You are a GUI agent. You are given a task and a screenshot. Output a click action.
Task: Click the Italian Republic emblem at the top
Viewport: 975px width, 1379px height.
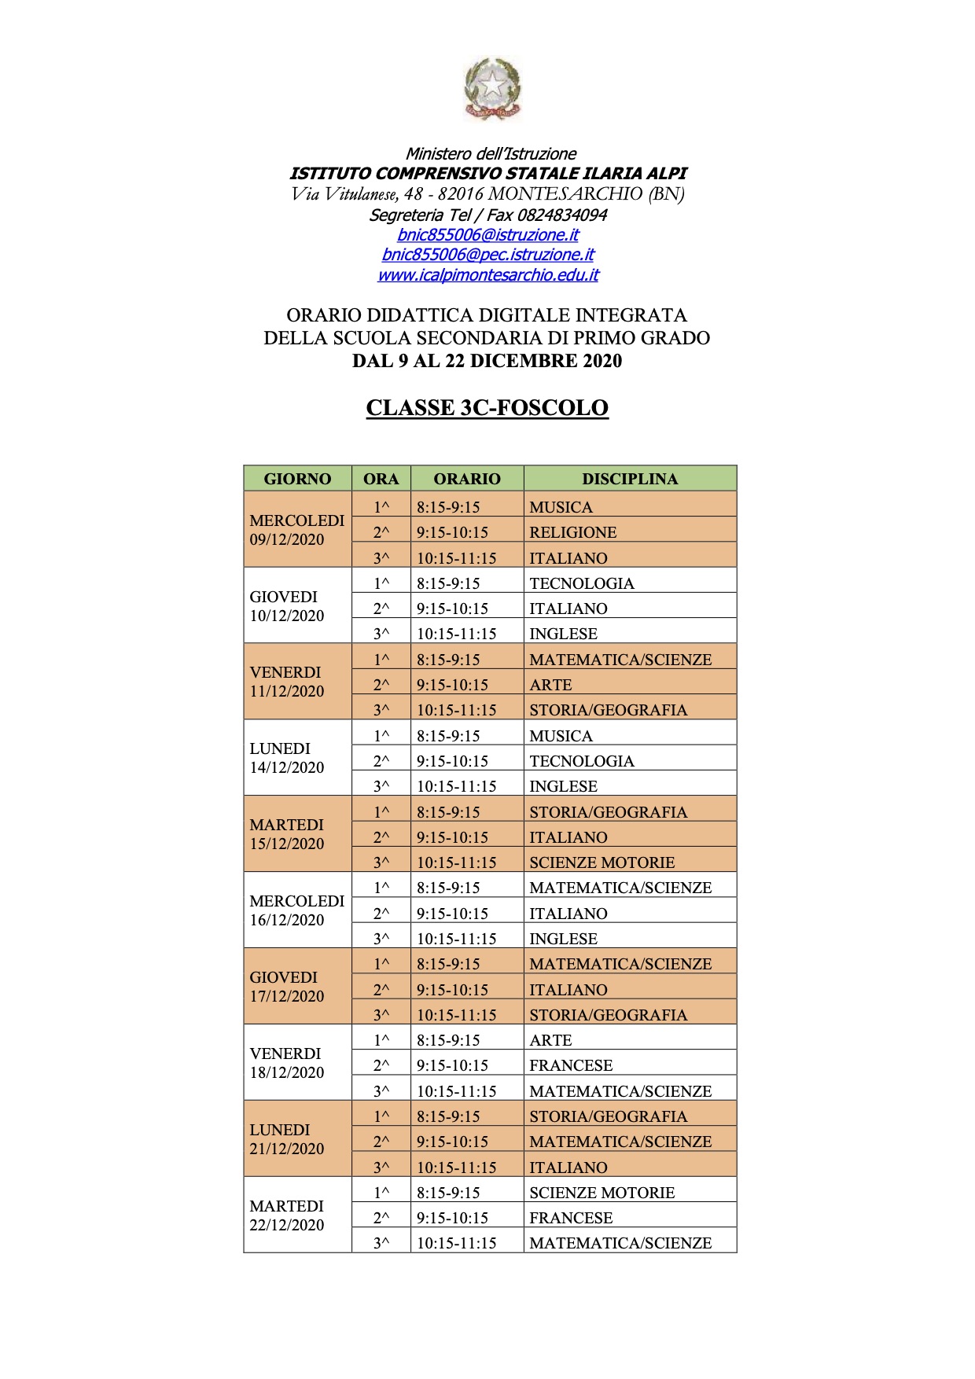coord(492,88)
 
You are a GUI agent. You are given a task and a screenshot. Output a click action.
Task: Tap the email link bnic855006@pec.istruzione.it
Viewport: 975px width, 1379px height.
coord(487,255)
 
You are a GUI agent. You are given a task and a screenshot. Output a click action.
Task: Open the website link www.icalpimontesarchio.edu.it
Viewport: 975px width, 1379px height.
coord(487,275)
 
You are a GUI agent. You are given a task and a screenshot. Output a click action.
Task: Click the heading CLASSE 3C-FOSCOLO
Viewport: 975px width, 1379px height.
coord(487,408)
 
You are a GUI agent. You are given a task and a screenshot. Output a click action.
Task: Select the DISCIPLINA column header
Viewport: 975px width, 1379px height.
coord(629,479)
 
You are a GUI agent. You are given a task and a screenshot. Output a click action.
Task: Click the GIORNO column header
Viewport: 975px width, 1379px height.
coord(297,479)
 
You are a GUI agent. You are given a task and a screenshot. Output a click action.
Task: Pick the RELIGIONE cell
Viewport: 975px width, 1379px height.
coord(572,532)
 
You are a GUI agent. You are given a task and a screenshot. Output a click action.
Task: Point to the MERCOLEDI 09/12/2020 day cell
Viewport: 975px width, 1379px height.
coord(296,530)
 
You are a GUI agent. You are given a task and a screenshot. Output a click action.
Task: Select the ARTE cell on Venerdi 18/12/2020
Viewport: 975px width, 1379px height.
coord(550,1040)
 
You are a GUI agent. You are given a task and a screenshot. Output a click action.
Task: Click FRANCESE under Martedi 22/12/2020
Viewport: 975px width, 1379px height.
coord(571,1218)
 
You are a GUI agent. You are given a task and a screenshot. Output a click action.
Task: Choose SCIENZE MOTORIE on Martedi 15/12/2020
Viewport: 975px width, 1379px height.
coord(602,862)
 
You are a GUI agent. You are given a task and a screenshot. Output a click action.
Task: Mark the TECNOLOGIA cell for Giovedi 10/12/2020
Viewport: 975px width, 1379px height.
coord(581,583)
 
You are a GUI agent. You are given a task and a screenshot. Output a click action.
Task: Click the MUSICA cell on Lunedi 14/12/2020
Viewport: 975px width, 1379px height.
coord(561,736)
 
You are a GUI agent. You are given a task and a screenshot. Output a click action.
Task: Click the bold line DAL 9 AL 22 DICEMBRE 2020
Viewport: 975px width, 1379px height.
coord(487,361)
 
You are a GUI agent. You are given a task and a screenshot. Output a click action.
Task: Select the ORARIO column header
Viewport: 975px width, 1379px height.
coord(467,479)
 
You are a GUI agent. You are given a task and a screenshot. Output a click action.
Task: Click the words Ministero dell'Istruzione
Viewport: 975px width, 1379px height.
coord(491,154)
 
